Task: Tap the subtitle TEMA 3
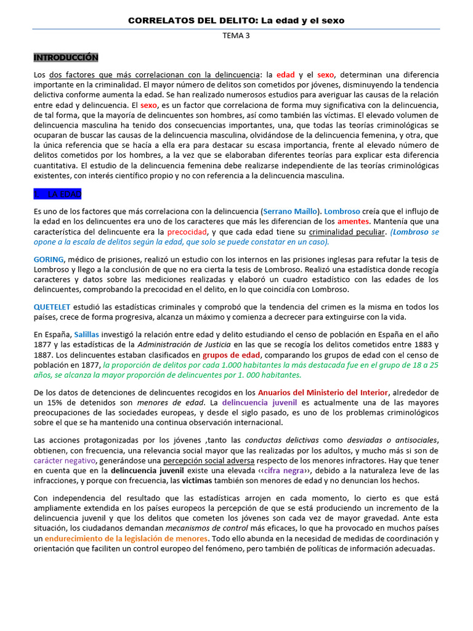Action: click(236, 36)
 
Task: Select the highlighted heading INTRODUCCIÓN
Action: click(66, 57)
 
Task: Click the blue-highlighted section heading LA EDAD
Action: click(59, 193)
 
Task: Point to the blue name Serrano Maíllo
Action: click(291, 211)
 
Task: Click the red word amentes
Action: click(353, 221)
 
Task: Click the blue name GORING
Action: click(49, 259)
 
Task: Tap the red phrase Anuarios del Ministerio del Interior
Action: click(323, 393)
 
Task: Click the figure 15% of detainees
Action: click(60, 403)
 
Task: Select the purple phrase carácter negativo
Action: click(65, 460)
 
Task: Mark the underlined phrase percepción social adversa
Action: click(201, 460)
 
